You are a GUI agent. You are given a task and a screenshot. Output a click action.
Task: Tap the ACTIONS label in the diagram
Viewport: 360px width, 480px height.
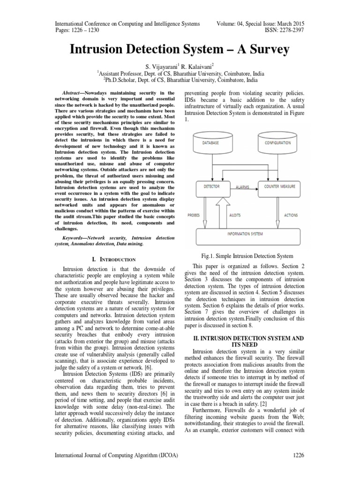tap(291, 216)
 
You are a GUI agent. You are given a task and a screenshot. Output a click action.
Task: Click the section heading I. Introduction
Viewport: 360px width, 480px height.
tap(112, 259)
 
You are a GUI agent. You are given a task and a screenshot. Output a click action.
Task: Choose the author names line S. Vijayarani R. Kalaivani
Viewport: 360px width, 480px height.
tap(180, 66)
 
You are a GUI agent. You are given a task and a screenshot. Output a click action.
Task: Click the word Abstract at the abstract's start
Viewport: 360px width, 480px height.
tap(74, 94)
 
